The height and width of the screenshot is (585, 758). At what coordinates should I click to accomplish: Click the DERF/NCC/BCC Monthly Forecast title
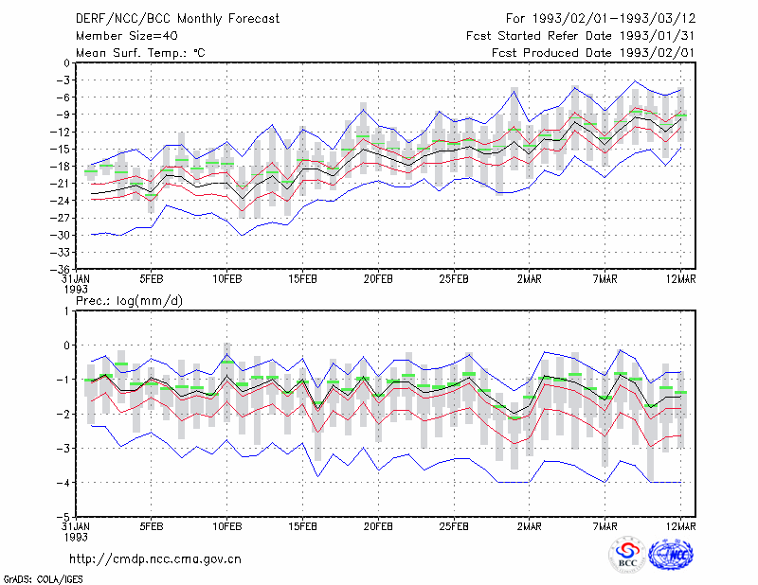(177, 19)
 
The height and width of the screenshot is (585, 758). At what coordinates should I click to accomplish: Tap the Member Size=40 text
(127, 36)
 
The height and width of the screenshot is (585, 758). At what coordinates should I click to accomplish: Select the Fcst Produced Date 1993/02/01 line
(593, 53)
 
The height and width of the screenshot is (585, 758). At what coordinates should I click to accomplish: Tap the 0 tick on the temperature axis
(66, 62)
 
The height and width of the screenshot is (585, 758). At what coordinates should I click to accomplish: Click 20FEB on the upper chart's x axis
(378, 279)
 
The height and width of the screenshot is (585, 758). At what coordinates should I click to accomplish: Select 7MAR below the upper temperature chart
(605, 279)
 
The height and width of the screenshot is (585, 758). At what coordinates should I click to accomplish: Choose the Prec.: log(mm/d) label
(129, 301)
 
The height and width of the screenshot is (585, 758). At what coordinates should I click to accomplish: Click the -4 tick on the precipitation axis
(63, 483)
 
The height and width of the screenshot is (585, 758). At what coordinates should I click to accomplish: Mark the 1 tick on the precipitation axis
(66, 311)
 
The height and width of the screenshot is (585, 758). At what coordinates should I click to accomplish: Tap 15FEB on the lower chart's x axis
(302, 526)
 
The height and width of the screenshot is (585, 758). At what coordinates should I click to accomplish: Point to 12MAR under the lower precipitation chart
(680, 526)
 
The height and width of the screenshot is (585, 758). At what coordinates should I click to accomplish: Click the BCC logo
(627, 556)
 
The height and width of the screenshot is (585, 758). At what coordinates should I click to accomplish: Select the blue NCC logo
(671, 555)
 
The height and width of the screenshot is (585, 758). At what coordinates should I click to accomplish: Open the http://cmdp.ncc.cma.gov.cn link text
(155, 559)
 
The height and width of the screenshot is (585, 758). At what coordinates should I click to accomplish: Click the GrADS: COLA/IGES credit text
(43, 579)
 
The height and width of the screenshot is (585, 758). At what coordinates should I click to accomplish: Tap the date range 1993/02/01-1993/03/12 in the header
(613, 19)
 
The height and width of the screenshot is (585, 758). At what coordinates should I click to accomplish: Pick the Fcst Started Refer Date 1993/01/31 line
(581, 36)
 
